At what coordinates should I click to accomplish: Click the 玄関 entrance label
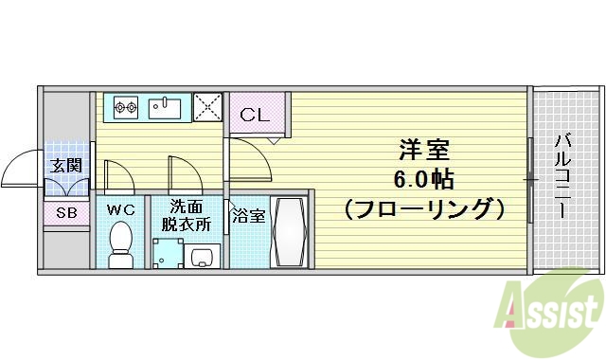(x=66, y=165)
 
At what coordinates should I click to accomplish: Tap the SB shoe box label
(x=66, y=212)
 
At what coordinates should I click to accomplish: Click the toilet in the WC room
(x=120, y=243)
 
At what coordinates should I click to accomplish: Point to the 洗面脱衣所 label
(x=184, y=215)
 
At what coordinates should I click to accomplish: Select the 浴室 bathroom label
(x=249, y=215)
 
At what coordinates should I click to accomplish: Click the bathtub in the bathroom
(x=288, y=232)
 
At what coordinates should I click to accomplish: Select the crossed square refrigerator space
(x=207, y=107)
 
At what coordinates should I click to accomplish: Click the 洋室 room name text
(x=422, y=150)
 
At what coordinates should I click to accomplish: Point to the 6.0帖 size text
(x=422, y=177)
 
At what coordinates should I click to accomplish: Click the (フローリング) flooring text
(x=422, y=206)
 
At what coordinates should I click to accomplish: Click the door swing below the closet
(x=248, y=156)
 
